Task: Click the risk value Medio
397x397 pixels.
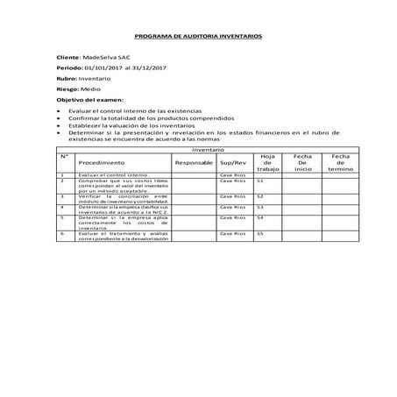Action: point(89,89)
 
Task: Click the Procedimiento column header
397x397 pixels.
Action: point(102,163)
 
